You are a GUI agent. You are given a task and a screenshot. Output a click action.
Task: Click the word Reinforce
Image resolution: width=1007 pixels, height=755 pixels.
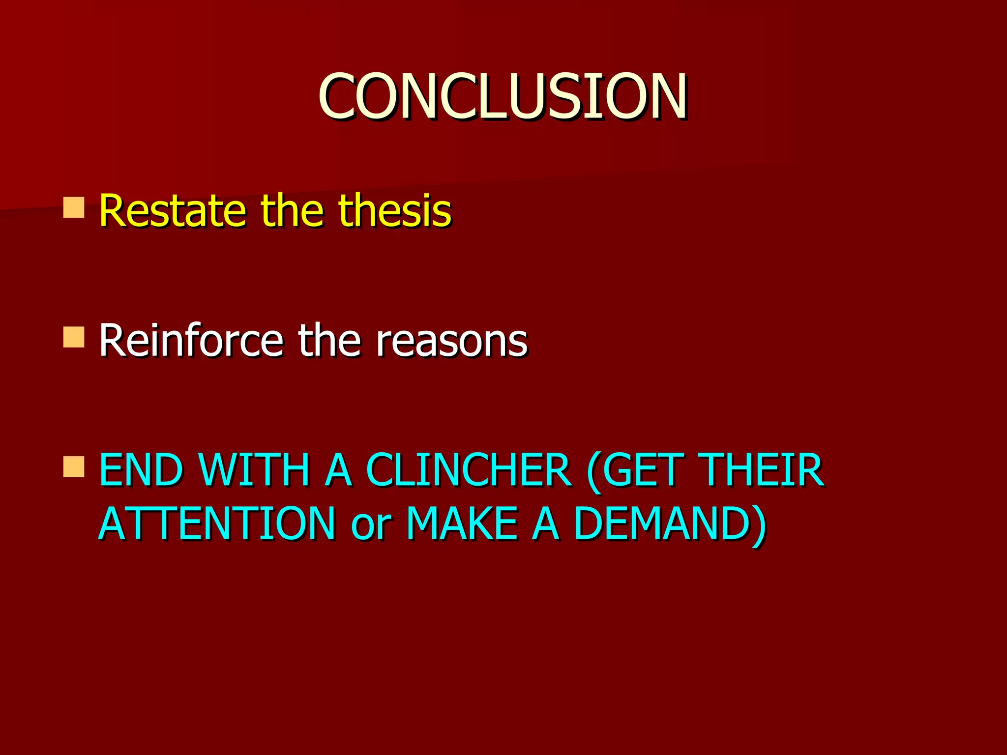click(x=191, y=340)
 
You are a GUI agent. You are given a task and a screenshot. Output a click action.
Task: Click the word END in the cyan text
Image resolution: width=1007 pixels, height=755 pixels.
click(x=141, y=470)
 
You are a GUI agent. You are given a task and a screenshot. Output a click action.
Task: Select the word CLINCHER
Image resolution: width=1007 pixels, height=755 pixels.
click(x=469, y=470)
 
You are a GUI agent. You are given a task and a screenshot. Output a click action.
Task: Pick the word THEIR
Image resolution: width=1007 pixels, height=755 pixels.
click(x=763, y=470)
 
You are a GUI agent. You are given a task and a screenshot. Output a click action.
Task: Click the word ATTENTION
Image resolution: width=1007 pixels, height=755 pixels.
click(x=217, y=524)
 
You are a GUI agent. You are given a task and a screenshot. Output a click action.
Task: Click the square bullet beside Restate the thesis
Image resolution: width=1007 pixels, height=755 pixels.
click(x=74, y=207)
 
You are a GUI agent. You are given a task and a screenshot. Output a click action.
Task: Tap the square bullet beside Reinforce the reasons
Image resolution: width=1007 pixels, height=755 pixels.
click(x=74, y=337)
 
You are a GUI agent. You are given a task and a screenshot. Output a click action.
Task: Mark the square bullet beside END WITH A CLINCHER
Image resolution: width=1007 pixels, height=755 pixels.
click(x=74, y=467)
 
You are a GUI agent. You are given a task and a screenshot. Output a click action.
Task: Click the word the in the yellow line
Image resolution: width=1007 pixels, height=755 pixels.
click(x=293, y=211)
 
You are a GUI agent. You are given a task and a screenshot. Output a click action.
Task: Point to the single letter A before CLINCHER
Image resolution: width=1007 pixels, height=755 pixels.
click(x=338, y=470)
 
